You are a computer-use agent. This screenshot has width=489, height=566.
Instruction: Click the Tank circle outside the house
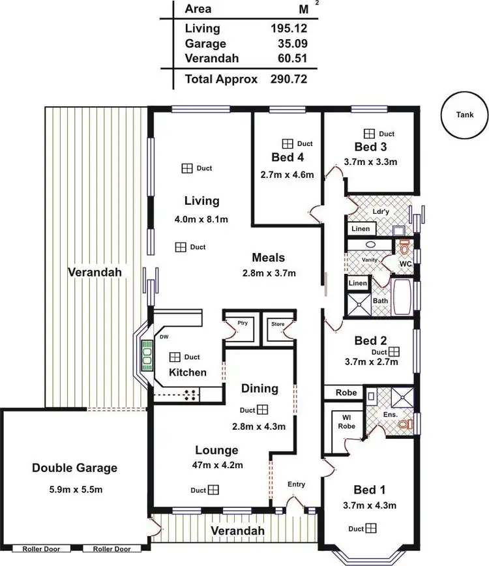465,115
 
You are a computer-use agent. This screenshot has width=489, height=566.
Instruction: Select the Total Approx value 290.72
288,79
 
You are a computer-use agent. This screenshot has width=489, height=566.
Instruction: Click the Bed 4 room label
288,157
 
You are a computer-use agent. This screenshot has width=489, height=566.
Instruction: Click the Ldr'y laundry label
380,213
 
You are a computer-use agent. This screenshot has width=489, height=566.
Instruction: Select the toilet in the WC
404,248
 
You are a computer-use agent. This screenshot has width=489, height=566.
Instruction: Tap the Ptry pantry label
243,323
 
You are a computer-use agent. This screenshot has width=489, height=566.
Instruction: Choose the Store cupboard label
278,323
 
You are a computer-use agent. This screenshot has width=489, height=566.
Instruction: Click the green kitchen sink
147,356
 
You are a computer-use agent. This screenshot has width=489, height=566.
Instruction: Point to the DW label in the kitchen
164,337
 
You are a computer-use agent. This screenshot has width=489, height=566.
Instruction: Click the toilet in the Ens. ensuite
405,424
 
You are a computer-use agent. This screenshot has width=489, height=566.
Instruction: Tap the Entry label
296,484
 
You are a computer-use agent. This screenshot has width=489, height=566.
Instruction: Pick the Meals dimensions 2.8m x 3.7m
265,273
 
